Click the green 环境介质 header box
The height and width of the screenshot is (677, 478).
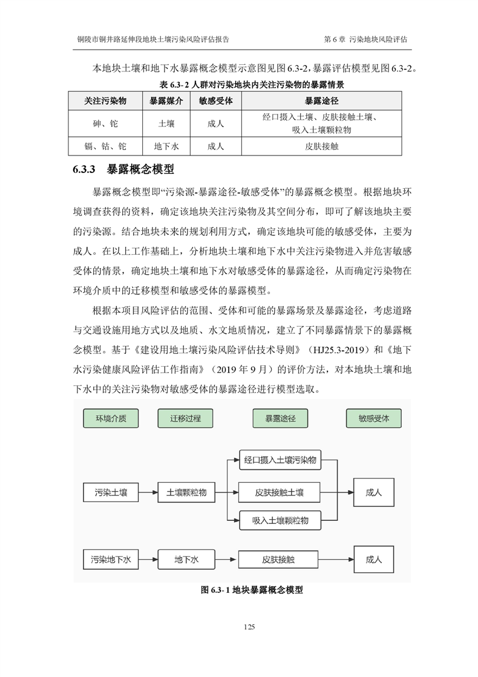[111, 419]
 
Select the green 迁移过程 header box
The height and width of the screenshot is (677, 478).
[185, 419]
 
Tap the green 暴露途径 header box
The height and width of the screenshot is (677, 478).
[280, 419]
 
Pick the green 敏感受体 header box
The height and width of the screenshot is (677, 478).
[373, 419]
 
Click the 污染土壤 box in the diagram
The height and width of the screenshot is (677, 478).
[111, 492]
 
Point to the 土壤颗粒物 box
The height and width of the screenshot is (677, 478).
[186, 492]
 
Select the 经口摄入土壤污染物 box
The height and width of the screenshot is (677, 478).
[280, 460]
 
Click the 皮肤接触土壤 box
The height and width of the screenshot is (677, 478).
[280, 492]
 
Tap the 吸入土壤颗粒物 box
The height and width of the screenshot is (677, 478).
[280, 520]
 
